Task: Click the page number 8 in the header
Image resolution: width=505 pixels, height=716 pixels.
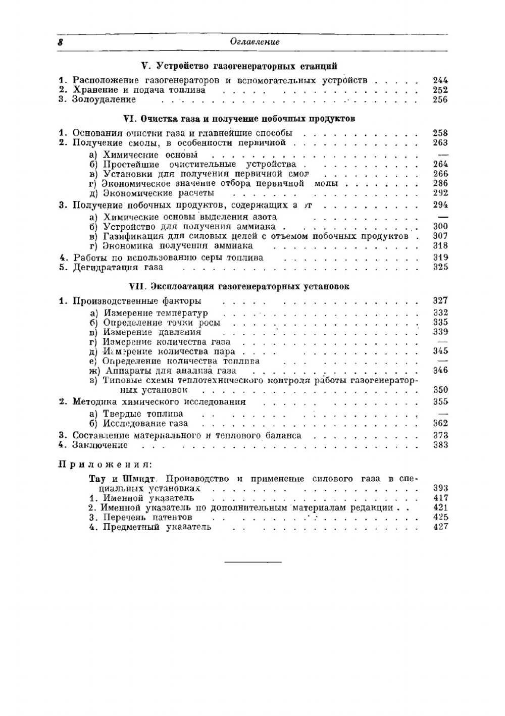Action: [x=60, y=42]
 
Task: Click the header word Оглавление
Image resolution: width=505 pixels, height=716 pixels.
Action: [x=255, y=42]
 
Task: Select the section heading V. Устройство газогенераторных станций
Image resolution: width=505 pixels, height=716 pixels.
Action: [x=239, y=66]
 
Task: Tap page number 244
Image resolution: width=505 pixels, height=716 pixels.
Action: [x=440, y=80]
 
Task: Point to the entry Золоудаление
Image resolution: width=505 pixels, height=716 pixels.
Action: [x=104, y=100]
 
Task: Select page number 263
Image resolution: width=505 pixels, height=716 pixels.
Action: [x=440, y=143]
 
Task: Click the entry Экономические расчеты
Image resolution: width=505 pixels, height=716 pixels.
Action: [x=159, y=193]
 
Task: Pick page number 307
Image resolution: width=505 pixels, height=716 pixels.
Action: [x=440, y=236]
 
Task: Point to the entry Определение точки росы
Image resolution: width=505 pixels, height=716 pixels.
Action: [x=162, y=323]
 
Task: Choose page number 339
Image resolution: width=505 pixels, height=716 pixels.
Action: [x=440, y=332]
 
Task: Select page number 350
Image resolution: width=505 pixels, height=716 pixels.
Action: [x=440, y=390]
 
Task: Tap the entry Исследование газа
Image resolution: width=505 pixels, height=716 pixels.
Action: [x=145, y=424]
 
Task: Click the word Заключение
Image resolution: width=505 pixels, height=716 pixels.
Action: [x=100, y=445]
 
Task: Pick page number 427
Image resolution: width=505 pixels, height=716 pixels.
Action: [x=440, y=527]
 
